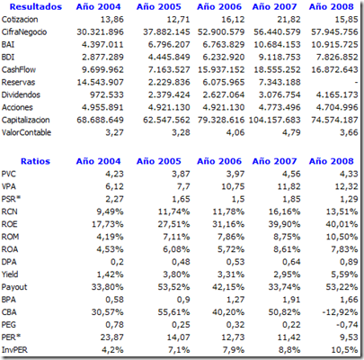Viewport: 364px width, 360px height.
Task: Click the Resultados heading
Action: click(x=36, y=6)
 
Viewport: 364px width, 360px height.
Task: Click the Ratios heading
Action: click(x=35, y=161)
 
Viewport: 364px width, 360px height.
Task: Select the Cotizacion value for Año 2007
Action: click(x=289, y=20)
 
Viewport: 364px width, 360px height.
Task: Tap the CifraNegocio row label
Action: click(x=24, y=32)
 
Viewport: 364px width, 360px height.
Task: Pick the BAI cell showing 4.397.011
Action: click(x=102, y=45)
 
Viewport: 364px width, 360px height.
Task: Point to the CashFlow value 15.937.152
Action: click(x=221, y=70)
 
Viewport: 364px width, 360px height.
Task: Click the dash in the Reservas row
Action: click(x=356, y=83)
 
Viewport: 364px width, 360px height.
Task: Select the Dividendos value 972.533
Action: click(x=107, y=95)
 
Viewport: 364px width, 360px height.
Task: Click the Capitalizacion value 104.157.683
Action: click(x=274, y=121)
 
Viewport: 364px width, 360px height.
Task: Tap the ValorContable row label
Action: click(x=26, y=132)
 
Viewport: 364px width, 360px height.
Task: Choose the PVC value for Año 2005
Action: click(x=181, y=175)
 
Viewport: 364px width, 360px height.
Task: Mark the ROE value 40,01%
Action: click(x=342, y=224)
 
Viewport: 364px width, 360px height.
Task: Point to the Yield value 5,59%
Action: click(x=344, y=274)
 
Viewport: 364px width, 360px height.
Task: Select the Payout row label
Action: click(x=14, y=287)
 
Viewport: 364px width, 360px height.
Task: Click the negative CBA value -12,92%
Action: click(x=340, y=312)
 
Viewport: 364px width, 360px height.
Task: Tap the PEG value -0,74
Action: click(x=346, y=325)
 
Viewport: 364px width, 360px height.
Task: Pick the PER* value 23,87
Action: click(x=111, y=337)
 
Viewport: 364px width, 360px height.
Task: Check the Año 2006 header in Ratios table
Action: click(x=219, y=161)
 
